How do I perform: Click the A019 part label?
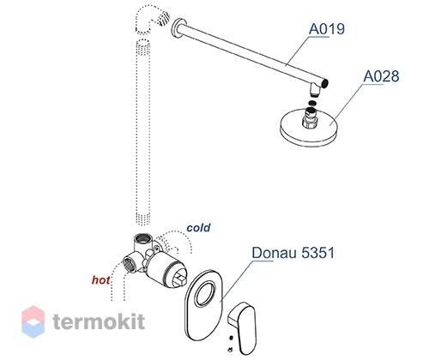pos(327,29)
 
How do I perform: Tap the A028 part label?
pos(381,76)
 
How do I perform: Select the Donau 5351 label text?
pos(293,253)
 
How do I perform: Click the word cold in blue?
pos(198,228)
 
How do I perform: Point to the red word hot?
pos(100,280)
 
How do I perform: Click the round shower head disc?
pos(310,128)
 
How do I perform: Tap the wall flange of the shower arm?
pos(178,29)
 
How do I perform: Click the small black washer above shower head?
pos(312,103)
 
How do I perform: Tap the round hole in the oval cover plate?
pos(205,294)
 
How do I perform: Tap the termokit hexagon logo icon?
pos(33,321)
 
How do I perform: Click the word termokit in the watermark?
pos(99,321)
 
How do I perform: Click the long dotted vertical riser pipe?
pos(142,132)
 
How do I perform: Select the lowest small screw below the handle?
pos(230,349)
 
